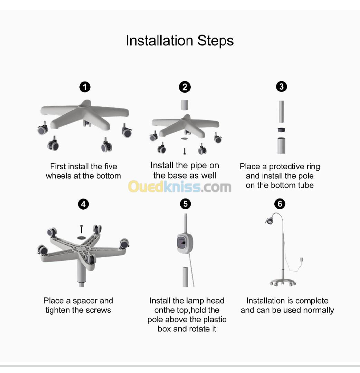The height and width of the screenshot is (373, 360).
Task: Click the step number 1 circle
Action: click(85, 87)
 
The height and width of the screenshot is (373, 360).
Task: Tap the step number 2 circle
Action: click(184, 87)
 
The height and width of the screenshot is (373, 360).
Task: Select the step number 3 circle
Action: click(282, 87)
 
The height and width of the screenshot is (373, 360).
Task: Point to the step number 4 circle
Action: click(83, 204)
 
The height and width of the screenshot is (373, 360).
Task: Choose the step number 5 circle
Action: click(185, 204)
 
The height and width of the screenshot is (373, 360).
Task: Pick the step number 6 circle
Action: click(280, 204)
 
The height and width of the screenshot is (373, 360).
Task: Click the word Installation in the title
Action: click(159, 40)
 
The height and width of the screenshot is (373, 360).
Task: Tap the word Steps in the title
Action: click(215, 41)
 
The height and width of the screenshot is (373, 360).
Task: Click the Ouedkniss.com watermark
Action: click(180, 186)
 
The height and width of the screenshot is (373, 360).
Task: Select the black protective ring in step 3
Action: click(282, 130)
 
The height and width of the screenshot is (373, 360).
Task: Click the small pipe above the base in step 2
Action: click(184, 105)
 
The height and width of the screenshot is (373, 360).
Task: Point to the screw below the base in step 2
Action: click(184, 151)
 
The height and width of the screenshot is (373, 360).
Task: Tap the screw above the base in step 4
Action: click(82, 229)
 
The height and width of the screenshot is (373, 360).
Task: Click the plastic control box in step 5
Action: click(184, 243)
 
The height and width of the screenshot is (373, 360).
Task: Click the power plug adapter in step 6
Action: click(302, 260)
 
